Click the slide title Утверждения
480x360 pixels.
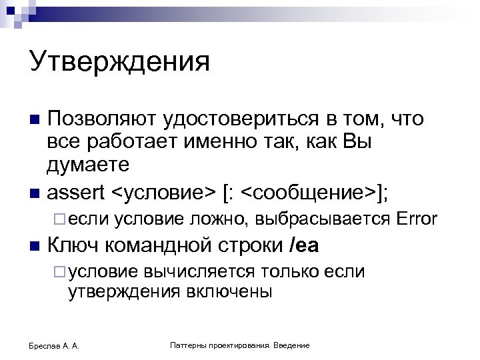[x=119, y=63]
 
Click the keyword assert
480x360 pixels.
[x=77, y=192]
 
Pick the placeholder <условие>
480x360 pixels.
[x=163, y=192]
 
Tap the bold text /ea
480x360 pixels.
[x=305, y=246]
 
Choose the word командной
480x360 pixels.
[x=150, y=246]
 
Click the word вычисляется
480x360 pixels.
[x=198, y=271]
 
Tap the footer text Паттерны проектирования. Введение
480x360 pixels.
[x=239, y=345]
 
